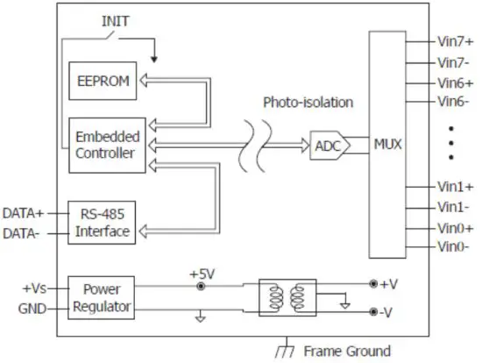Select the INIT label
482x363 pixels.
(x=117, y=20)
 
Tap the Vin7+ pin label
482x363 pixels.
(x=455, y=40)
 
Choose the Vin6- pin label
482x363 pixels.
(x=454, y=102)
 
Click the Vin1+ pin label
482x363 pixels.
(x=455, y=187)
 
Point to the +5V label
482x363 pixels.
(x=202, y=273)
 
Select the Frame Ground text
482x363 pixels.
(x=347, y=351)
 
